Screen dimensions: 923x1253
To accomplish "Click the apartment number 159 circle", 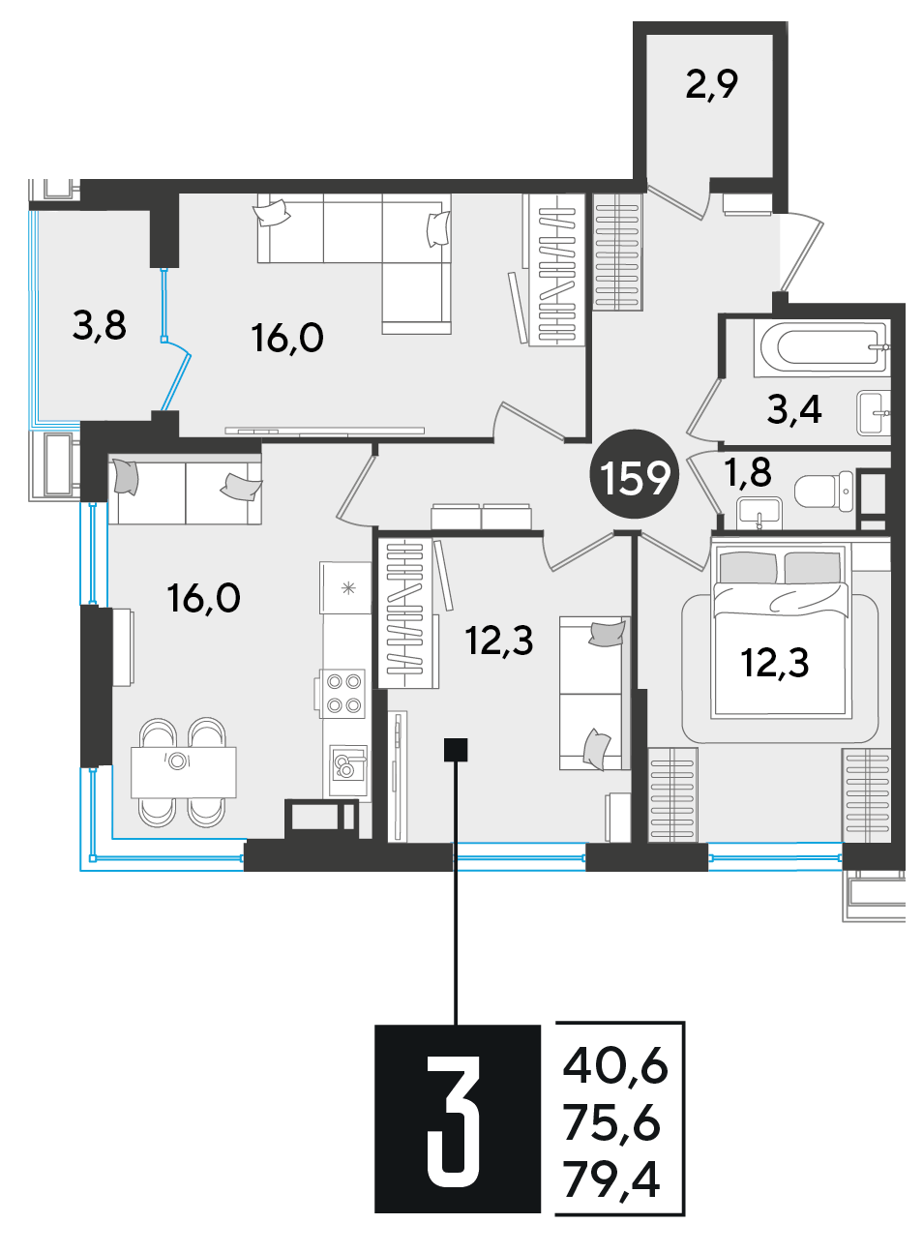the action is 635,474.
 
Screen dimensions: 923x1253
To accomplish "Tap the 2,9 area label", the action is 711,85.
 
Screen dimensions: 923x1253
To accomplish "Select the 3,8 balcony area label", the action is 100,325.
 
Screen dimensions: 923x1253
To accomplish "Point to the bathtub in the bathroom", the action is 820,347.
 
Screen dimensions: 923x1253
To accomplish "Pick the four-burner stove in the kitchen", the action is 342,694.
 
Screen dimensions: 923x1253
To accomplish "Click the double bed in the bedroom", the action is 781,631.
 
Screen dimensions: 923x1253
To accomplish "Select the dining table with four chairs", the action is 183,772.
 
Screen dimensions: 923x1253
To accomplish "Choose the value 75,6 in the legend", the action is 612,1123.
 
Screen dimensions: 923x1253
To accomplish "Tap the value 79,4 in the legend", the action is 612,1179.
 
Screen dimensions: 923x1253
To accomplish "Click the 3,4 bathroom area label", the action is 794,410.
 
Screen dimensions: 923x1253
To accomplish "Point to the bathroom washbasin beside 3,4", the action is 873,413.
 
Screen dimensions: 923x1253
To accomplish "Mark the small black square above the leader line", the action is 456,750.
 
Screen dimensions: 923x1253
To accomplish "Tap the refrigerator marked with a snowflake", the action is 345,587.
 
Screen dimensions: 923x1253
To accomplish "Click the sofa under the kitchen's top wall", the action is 185,489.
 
